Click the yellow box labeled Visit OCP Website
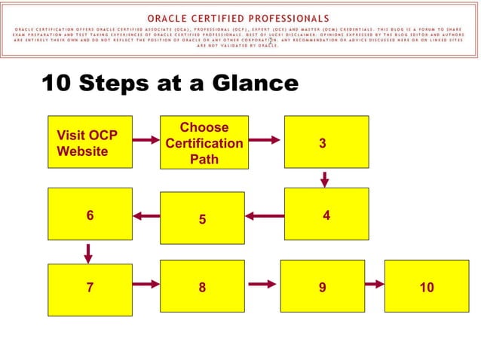(90, 142)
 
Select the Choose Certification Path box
(203, 142)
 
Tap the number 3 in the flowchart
(323, 142)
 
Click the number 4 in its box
(326, 215)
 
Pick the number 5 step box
(202, 218)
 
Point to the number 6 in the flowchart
(90, 215)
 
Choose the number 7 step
(90, 287)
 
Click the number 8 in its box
(202, 287)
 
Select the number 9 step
(322, 287)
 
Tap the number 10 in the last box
(427, 287)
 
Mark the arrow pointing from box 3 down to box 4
(325, 179)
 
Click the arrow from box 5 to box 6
(146, 217)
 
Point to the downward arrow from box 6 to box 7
(88, 252)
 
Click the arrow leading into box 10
(375, 284)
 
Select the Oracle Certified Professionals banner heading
(237, 17)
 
